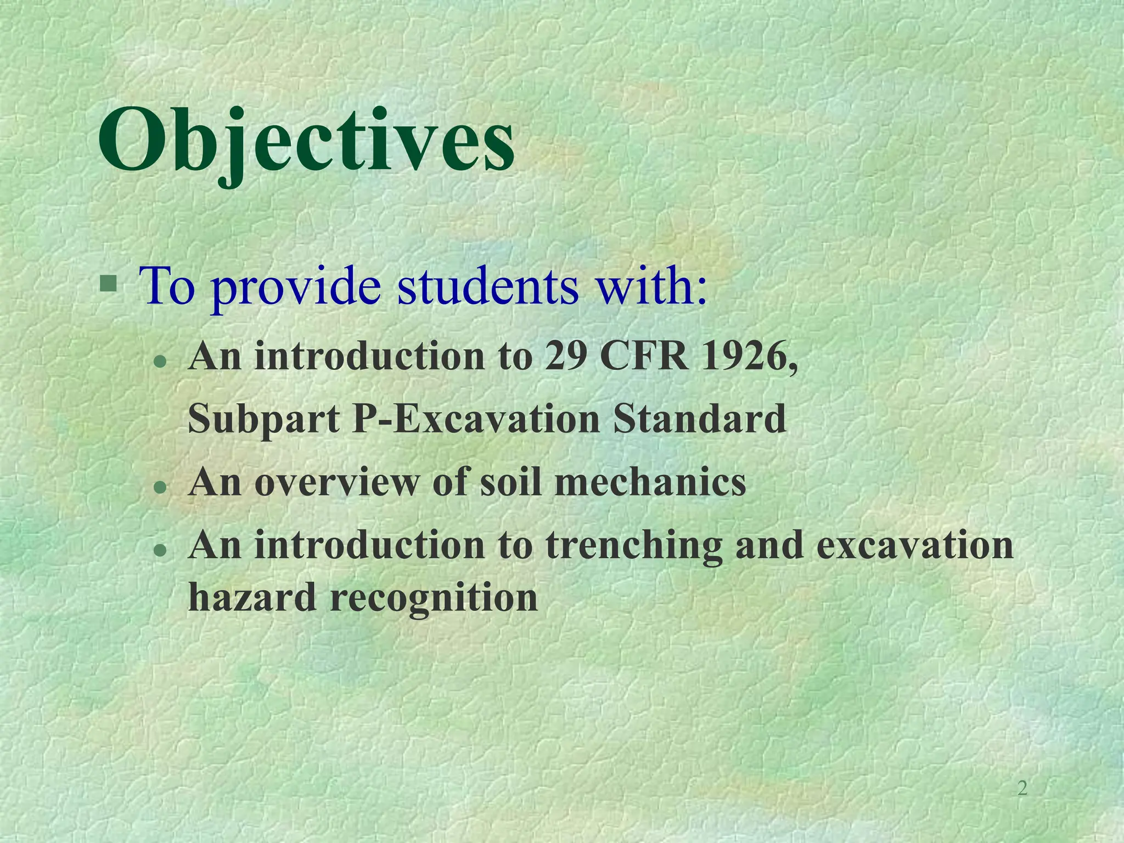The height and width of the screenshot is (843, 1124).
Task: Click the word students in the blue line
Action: pos(488,286)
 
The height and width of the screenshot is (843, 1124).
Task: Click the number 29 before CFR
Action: pos(565,357)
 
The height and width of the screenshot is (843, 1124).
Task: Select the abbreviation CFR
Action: pos(645,357)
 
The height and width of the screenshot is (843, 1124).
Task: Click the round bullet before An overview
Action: pos(160,486)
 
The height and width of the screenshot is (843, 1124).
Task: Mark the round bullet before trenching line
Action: pos(160,549)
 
